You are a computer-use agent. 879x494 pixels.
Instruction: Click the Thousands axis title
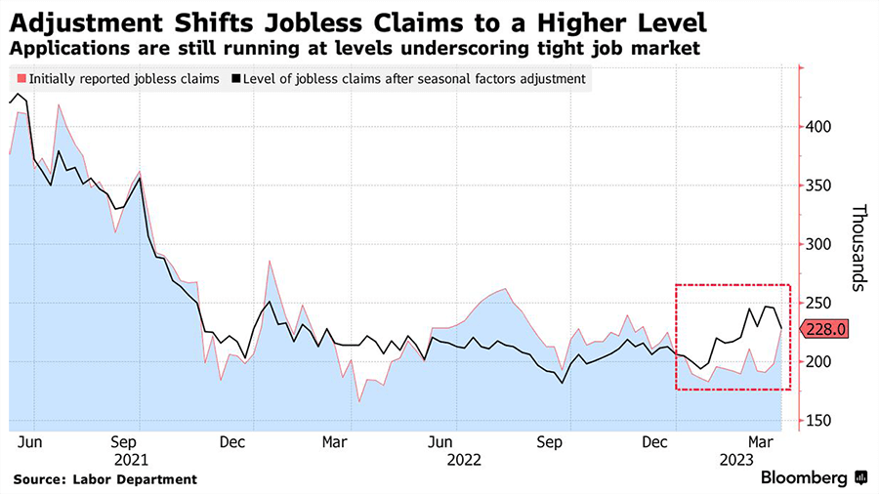tap(858, 247)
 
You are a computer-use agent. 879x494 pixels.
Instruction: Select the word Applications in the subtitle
tap(58, 48)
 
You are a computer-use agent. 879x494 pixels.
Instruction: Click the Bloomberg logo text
tap(808, 477)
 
